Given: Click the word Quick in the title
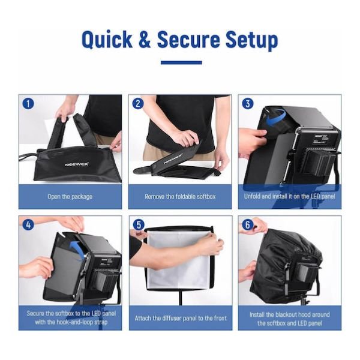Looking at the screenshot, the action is [107, 40].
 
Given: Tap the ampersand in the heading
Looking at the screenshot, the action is [145, 40].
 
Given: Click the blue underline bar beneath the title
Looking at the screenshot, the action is [181, 62].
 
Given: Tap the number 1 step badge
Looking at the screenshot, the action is [28, 104].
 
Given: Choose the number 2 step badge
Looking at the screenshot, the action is [138, 104].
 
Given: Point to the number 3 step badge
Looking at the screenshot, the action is [247, 104].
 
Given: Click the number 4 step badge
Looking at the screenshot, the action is [28, 224].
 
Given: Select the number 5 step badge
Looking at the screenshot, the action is [139, 225].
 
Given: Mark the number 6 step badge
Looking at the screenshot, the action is [247, 224].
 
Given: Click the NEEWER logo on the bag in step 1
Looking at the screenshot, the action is [76, 164].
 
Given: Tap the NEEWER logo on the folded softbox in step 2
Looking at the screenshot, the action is [173, 159].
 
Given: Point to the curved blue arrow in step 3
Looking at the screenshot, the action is [275, 118].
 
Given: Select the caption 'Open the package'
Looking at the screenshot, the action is [70, 197].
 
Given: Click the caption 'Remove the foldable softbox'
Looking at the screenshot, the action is [180, 197].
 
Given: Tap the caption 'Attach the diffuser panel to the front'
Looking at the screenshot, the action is [181, 318].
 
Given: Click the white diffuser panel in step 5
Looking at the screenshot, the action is [179, 258].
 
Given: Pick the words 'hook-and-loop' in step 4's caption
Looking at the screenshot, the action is [68, 322].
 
